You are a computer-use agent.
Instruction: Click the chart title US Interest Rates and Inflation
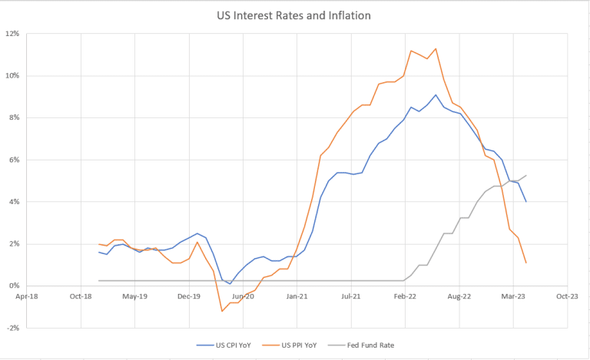pos(294,15)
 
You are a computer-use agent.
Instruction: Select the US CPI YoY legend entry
pos(224,345)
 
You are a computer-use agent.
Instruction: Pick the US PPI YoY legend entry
pos(293,345)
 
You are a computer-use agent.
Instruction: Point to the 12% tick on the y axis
pos(14,34)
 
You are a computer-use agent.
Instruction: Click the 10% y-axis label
pos(14,76)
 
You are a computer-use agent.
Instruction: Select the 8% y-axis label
pos(15,117)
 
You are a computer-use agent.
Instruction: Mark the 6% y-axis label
pos(15,160)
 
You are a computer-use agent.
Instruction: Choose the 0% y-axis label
pos(15,286)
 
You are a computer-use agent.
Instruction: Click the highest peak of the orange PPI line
pos(436,49)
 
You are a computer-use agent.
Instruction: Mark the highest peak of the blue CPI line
pos(436,95)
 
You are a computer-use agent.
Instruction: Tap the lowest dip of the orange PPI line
pos(222,311)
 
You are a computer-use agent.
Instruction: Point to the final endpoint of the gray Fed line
pos(526,175)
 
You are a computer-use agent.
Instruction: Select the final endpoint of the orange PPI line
pos(526,263)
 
